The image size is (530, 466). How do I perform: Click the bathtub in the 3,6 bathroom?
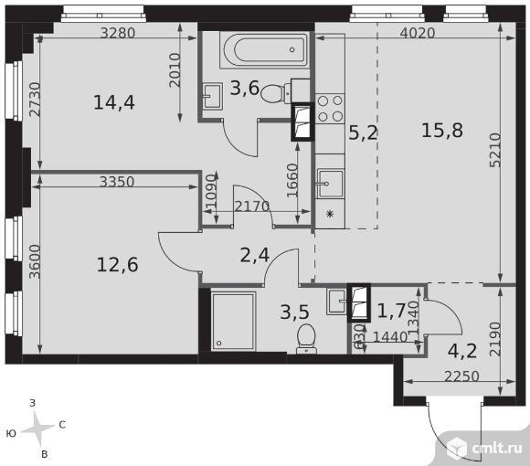pos(264,50)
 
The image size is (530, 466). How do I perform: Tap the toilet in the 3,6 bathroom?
pos(274,93)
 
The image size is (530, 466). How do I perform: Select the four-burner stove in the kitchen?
pos(330,109)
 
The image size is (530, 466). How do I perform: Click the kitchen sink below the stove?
pos(330,185)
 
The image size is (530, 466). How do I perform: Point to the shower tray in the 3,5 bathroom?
pos(233,322)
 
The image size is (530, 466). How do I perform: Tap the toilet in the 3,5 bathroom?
pos(306,339)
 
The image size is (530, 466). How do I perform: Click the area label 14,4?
pos(114,102)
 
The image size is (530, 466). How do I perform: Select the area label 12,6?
pos(117,265)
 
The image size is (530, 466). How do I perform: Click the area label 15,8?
pos(442,130)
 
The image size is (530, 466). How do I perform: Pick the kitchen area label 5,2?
pos(363,132)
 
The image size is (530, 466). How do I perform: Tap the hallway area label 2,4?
pos(255,255)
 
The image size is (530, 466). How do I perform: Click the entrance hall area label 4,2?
pos(462,351)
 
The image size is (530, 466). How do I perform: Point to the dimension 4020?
pos(418,33)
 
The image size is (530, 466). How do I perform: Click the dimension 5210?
pos(495,150)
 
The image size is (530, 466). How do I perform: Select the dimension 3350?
pos(117,182)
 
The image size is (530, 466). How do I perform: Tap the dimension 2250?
pos(461,376)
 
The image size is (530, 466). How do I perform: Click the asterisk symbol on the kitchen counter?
pos(330,214)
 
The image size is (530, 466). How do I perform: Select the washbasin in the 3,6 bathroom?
pos(213,96)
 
